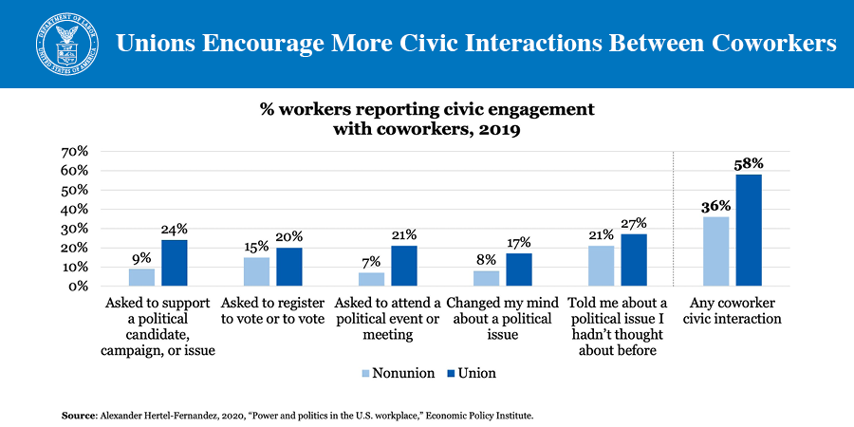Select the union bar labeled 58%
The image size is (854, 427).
(x=748, y=231)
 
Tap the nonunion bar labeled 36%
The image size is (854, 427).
(x=715, y=251)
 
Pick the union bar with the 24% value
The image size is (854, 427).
(x=174, y=263)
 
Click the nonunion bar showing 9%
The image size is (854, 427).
(x=141, y=277)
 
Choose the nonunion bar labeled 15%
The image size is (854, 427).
(x=256, y=271)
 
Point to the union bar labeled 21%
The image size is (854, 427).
(x=403, y=266)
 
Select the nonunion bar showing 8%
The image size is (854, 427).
(x=486, y=278)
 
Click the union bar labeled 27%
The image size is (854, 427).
(x=633, y=260)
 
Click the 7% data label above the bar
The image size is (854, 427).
(x=371, y=261)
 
